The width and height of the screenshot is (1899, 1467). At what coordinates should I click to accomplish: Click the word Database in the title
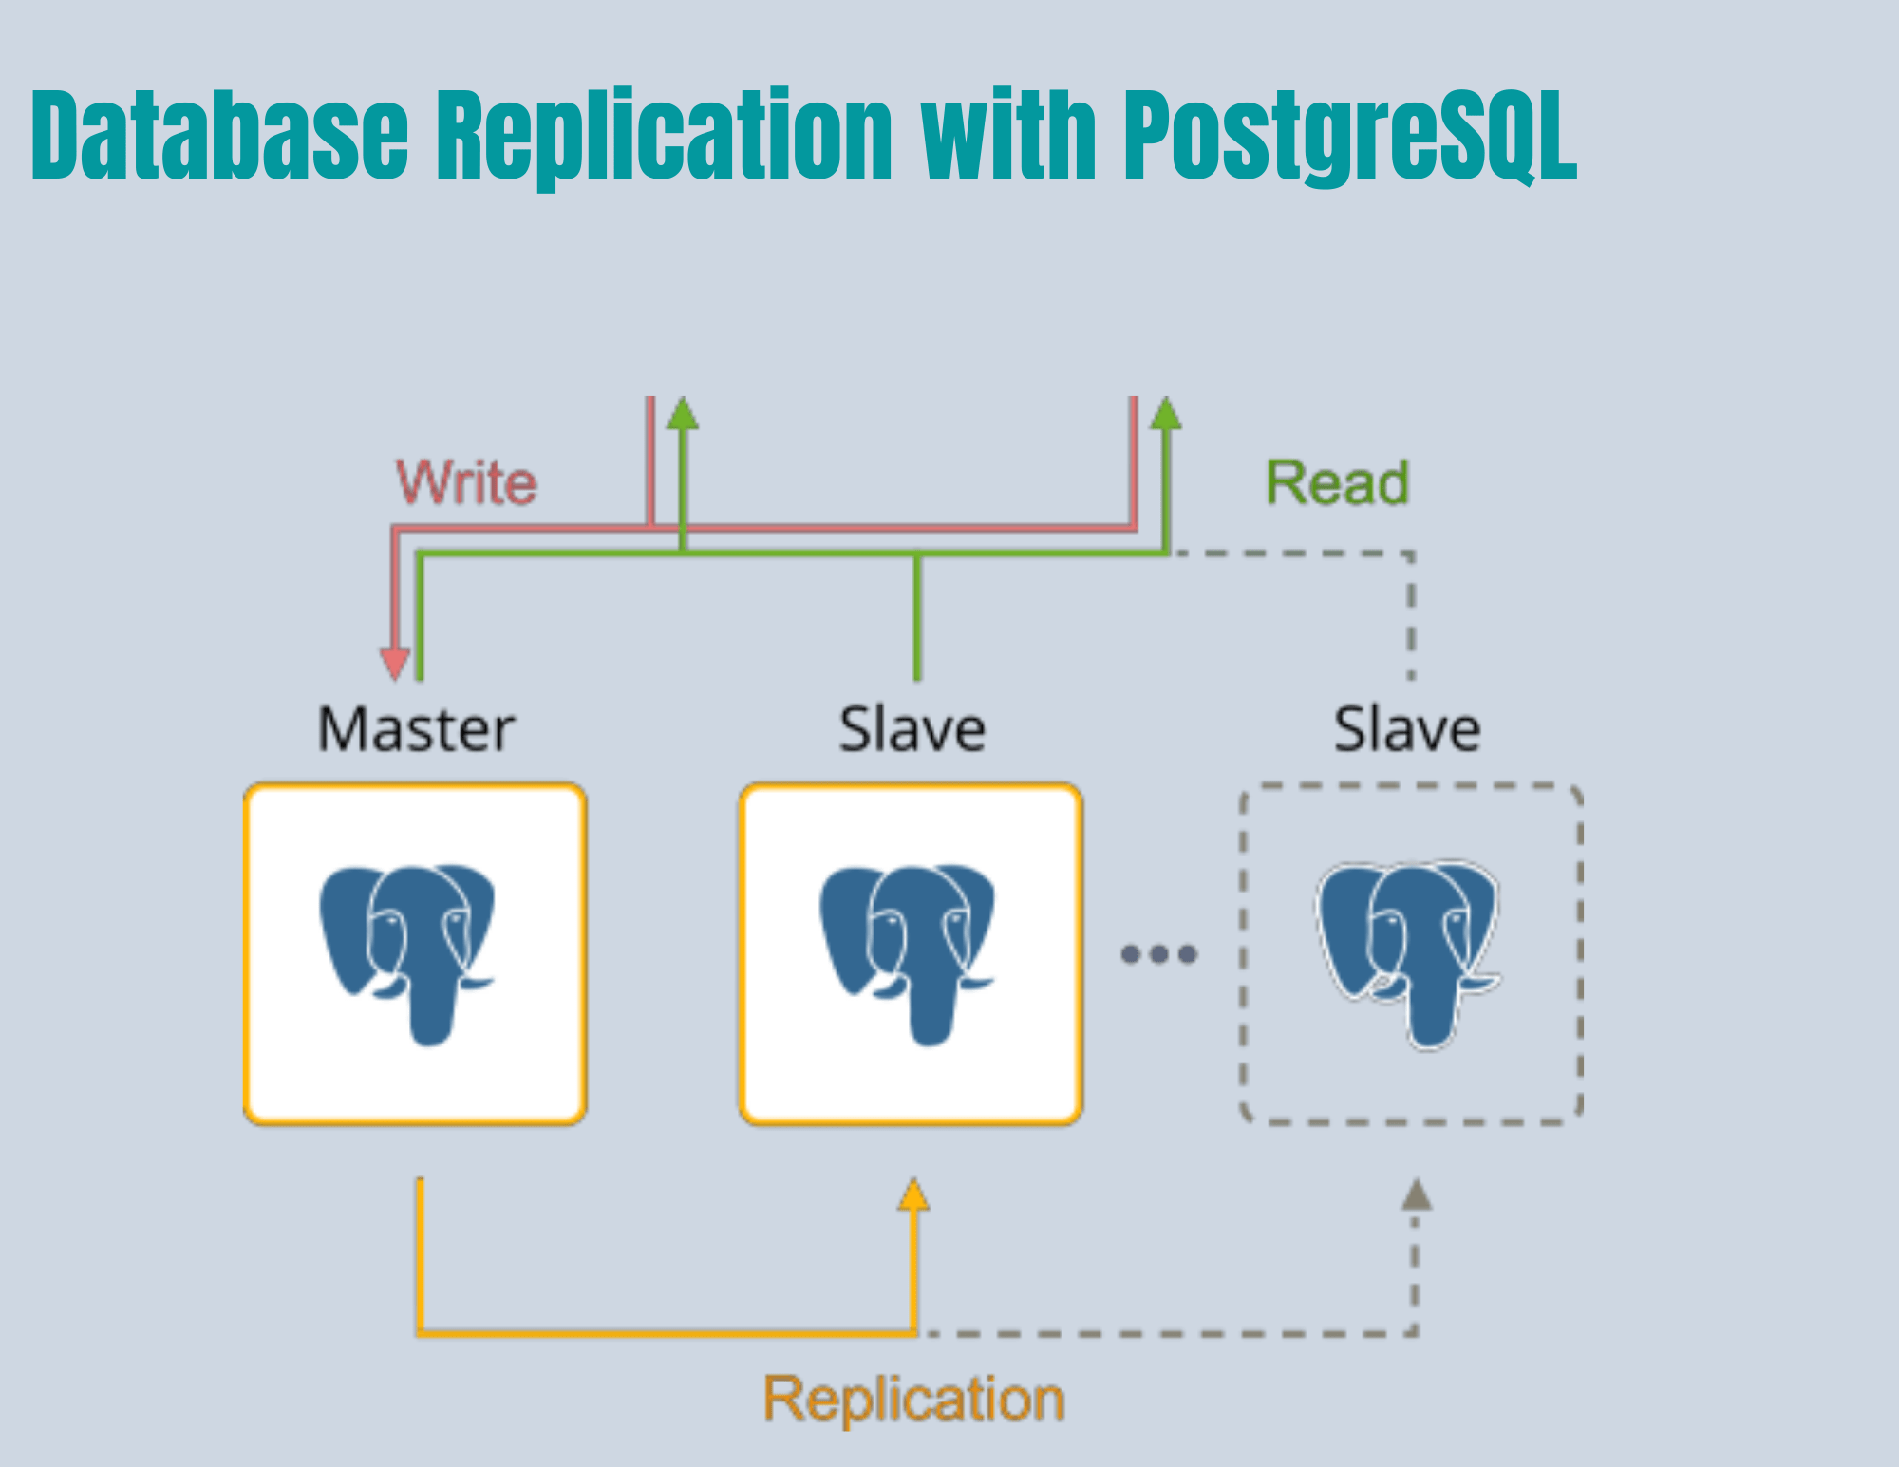click(x=220, y=135)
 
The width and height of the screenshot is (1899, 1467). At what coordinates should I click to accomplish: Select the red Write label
click(x=466, y=482)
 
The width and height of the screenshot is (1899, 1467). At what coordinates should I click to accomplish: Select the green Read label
click(x=1337, y=482)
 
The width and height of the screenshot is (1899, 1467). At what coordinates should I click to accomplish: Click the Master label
click(x=416, y=729)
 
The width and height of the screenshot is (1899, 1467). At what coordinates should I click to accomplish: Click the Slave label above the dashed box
click(x=1407, y=729)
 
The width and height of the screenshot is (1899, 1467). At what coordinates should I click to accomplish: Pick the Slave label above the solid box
click(x=912, y=729)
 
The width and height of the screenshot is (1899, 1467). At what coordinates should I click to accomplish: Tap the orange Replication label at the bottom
click(x=914, y=1400)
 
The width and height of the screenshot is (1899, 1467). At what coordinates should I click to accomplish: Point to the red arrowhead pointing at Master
click(x=395, y=663)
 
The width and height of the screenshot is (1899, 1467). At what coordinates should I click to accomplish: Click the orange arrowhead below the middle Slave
click(x=913, y=1194)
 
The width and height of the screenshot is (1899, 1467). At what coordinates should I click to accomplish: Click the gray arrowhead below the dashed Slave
click(x=1416, y=1194)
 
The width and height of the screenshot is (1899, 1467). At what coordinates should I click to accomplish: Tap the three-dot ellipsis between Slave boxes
click(x=1158, y=953)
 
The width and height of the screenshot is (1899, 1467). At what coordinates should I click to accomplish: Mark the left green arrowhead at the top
click(x=683, y=413)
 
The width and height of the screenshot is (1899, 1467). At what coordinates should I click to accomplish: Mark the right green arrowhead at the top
click(x=1166, y=413)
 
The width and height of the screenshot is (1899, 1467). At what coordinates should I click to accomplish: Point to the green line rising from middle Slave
click(x=917, y=617)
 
